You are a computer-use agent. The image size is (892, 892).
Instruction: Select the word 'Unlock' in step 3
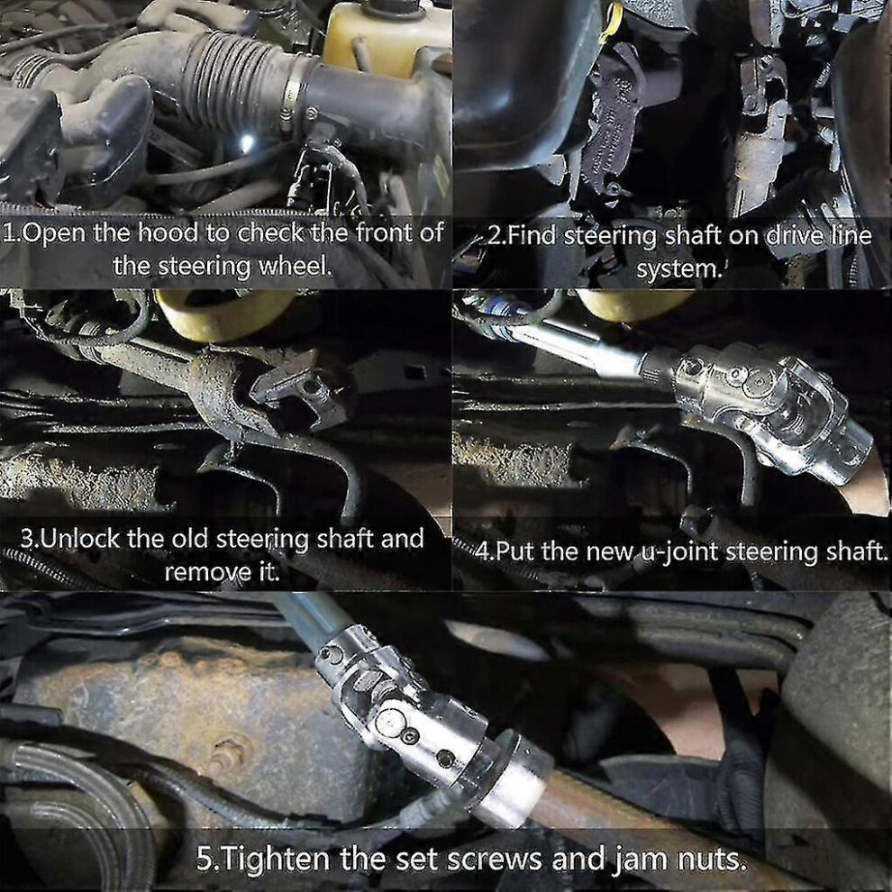(81, 539)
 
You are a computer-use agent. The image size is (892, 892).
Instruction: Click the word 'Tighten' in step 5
(272, 858)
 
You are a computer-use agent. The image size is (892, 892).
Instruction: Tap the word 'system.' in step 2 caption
(678, 268)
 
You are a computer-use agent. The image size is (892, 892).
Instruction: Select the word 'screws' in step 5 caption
(494, 859)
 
